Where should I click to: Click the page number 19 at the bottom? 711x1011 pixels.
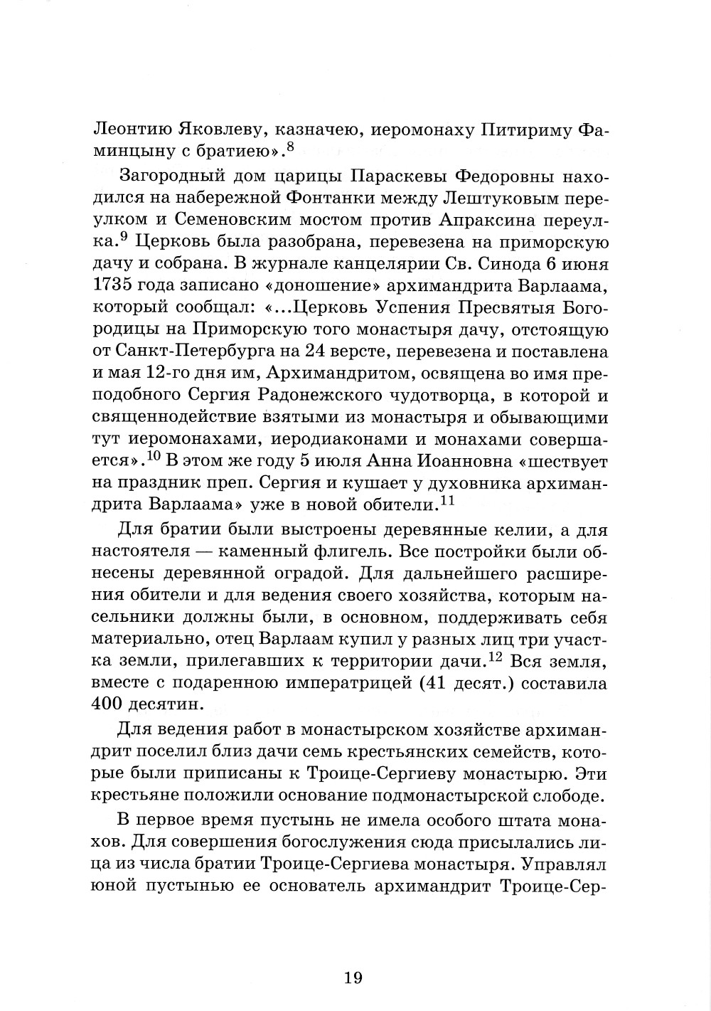point(353,977)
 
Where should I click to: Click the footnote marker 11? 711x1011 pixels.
point(447,501)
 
